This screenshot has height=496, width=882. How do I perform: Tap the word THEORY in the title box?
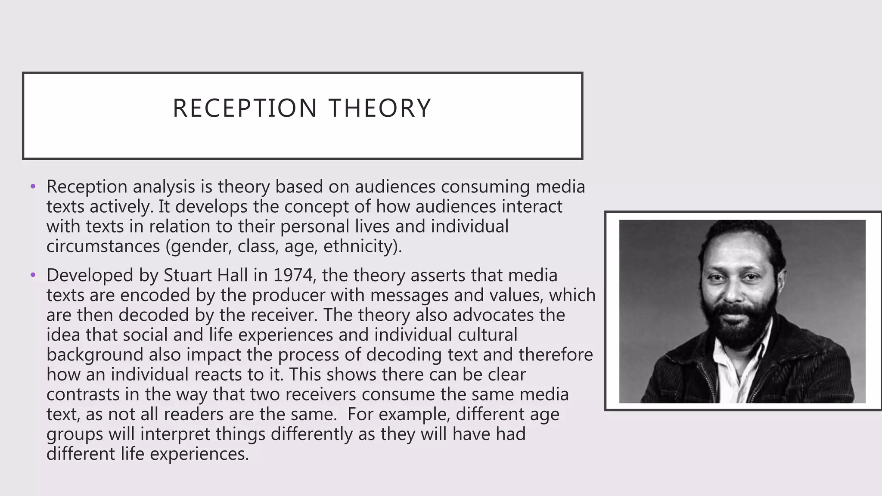[379, 108]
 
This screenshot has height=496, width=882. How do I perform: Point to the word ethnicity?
[361, 246]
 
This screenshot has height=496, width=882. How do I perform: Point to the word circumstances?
[103, 246]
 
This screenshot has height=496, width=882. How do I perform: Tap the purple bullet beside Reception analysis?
[33, 187]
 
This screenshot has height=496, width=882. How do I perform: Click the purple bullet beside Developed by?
[33, 275]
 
